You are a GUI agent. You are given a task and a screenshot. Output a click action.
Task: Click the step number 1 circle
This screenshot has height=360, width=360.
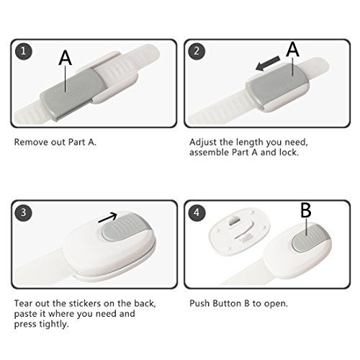click(23, 51)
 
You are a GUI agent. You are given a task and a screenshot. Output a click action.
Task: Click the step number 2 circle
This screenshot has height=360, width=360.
click(197, 51)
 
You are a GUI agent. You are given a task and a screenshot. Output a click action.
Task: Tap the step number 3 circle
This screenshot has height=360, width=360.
click(23, 212)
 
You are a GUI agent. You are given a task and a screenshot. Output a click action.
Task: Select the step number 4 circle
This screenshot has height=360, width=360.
click(197, 212)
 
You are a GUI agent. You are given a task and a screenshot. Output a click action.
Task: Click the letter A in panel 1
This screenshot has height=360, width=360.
click(66, 58)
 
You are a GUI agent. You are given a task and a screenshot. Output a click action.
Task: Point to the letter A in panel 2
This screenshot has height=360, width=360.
click(292, 49)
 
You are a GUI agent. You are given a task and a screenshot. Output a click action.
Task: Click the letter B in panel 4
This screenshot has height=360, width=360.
click(306, 210)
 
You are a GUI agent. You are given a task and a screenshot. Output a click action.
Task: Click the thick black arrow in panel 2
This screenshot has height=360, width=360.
click(267, 63)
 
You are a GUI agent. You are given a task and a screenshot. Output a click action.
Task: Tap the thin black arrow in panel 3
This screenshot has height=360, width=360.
click(107, 217)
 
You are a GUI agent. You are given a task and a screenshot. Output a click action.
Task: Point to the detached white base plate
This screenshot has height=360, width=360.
click(239, 230)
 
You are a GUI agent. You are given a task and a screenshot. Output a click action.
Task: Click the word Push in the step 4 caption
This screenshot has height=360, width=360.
click(199, 303)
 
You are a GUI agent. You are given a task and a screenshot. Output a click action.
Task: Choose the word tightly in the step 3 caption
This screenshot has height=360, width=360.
click(54, 325)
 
